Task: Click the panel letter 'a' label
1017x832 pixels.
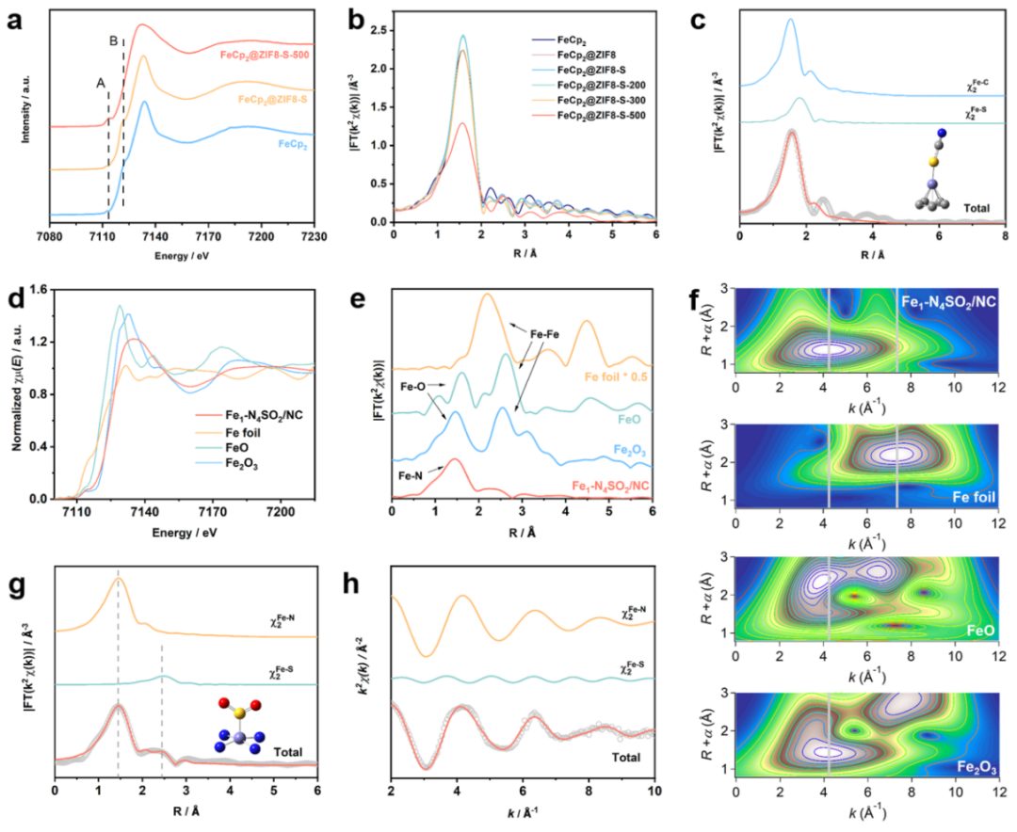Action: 16,18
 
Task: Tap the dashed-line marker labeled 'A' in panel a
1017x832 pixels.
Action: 99,82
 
